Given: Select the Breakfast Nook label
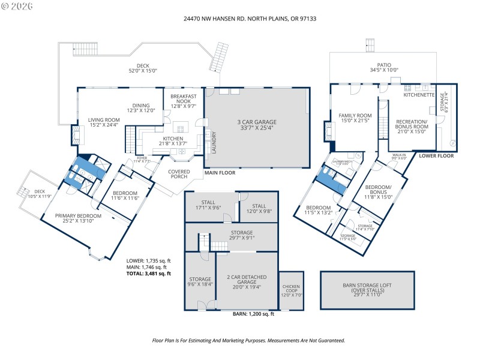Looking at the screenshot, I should pos(182,101).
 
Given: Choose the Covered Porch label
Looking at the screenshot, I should pos(179,174).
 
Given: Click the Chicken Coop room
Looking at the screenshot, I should pos(291,290).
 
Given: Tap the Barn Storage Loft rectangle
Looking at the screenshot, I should pos(368,290).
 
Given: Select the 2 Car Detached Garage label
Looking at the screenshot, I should pos(247,280).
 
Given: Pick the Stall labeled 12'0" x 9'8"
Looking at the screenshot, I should pos(259,208).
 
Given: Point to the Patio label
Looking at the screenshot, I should pos(384,67).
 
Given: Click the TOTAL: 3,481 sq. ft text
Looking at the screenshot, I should pos(149,273).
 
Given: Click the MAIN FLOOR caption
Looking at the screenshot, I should pos(219,172).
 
